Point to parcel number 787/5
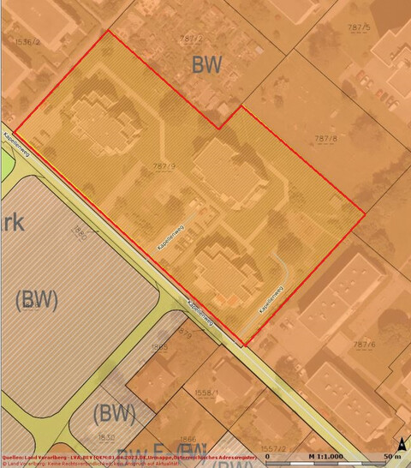pyautogui.click(x=359, y=27)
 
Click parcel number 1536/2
pyautogui.click(x=27, y=40)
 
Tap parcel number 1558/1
pyautogui.click(x=206, y=393)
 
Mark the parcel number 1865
pyautogui.click(x=158, y=347)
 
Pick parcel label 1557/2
pyautogui.click(x=272, y=448)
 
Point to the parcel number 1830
pyautogui.click(x=106, y=437)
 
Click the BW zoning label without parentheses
pyautogui.click(x=207, y=64)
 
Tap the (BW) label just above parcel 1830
pyautogui.click(x=114, y=413)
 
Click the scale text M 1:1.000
pyautogui.click(x=326, y=456)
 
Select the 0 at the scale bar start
pyautogui.click(x=268, y=456)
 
